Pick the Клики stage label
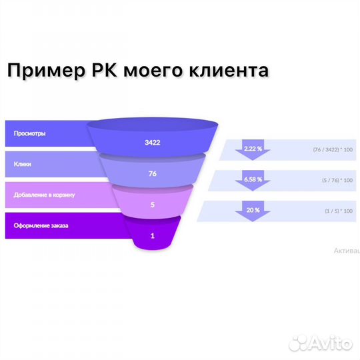coord(21,164)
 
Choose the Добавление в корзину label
coord(44,195)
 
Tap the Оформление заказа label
coord(41,225)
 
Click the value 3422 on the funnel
coord(153,143)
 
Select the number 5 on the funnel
coord(153,205)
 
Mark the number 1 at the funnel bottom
coord(153,235)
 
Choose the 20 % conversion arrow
coord(253,211)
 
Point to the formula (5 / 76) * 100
coord(336,180)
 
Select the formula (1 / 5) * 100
coord(337,211)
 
